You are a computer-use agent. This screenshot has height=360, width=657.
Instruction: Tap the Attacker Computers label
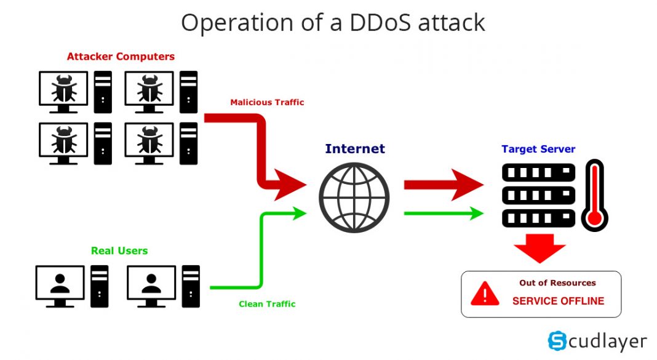click(121, 57)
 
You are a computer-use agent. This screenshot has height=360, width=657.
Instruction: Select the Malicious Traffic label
click(267, 102)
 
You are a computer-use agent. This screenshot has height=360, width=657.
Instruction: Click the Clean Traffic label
click(267, 304)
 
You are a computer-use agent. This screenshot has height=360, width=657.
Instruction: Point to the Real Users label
click(119, 250)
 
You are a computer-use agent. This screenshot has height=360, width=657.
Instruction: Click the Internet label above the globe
click(354, 148)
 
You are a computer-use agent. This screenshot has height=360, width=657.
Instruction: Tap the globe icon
click(354, 198)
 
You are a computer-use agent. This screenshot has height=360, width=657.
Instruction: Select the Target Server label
click(538, 149)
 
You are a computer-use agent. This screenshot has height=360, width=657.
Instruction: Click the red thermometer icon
click(595, 196)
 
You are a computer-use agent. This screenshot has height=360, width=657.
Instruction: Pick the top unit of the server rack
click(538, 172)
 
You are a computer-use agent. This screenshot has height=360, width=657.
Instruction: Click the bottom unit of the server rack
click(538, 218)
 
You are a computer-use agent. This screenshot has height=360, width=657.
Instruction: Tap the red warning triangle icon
click(485, 294)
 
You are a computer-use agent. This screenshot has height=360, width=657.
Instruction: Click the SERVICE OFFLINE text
click(558, 301)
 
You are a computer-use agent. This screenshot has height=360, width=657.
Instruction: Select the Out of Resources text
click(557, 283)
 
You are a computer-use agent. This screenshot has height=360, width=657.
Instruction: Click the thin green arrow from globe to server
click(443, 214)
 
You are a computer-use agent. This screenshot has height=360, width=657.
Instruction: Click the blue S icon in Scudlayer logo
click(557, 340)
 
